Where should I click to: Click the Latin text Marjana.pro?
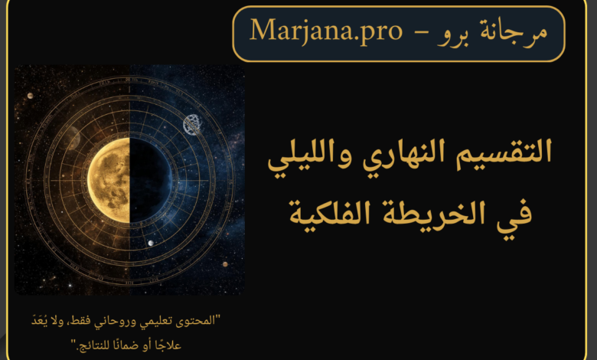click(x=326, y=31)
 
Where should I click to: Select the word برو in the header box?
click(x=454, y=34)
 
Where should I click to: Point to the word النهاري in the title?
click(x=403, y=153)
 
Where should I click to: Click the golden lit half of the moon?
click(x=109, y=180)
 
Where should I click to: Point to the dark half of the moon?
click(x=151, y=180)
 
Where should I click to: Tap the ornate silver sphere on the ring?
click(x=192, y=125)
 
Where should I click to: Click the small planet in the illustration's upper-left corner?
click(x=30, y=96)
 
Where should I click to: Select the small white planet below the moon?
click(x=151, y=243)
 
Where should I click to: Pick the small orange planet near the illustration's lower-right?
click(x=225, y=264)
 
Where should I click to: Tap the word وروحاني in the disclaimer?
click(x=124, y=322)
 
